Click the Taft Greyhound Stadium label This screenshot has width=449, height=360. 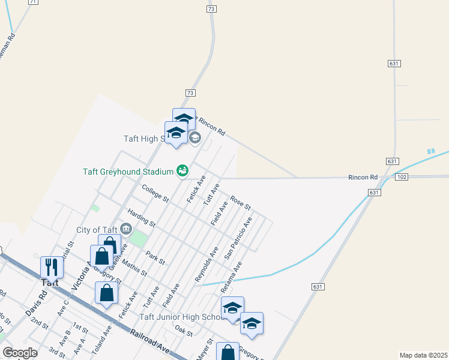point(128,172)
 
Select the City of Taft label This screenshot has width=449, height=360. point(97,229)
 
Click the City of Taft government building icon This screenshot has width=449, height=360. point(126,229)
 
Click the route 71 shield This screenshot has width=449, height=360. point(33,2)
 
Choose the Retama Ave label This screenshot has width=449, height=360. point(233,274)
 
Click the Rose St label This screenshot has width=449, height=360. point(240,203)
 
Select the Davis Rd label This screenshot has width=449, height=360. point(36,304)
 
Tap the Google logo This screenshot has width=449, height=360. point(20,352)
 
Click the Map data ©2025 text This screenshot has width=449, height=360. point(423,355)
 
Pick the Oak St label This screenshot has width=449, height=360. point(184,331)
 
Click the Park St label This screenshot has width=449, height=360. point(155,257)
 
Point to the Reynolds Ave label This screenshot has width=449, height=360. point(206,263)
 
